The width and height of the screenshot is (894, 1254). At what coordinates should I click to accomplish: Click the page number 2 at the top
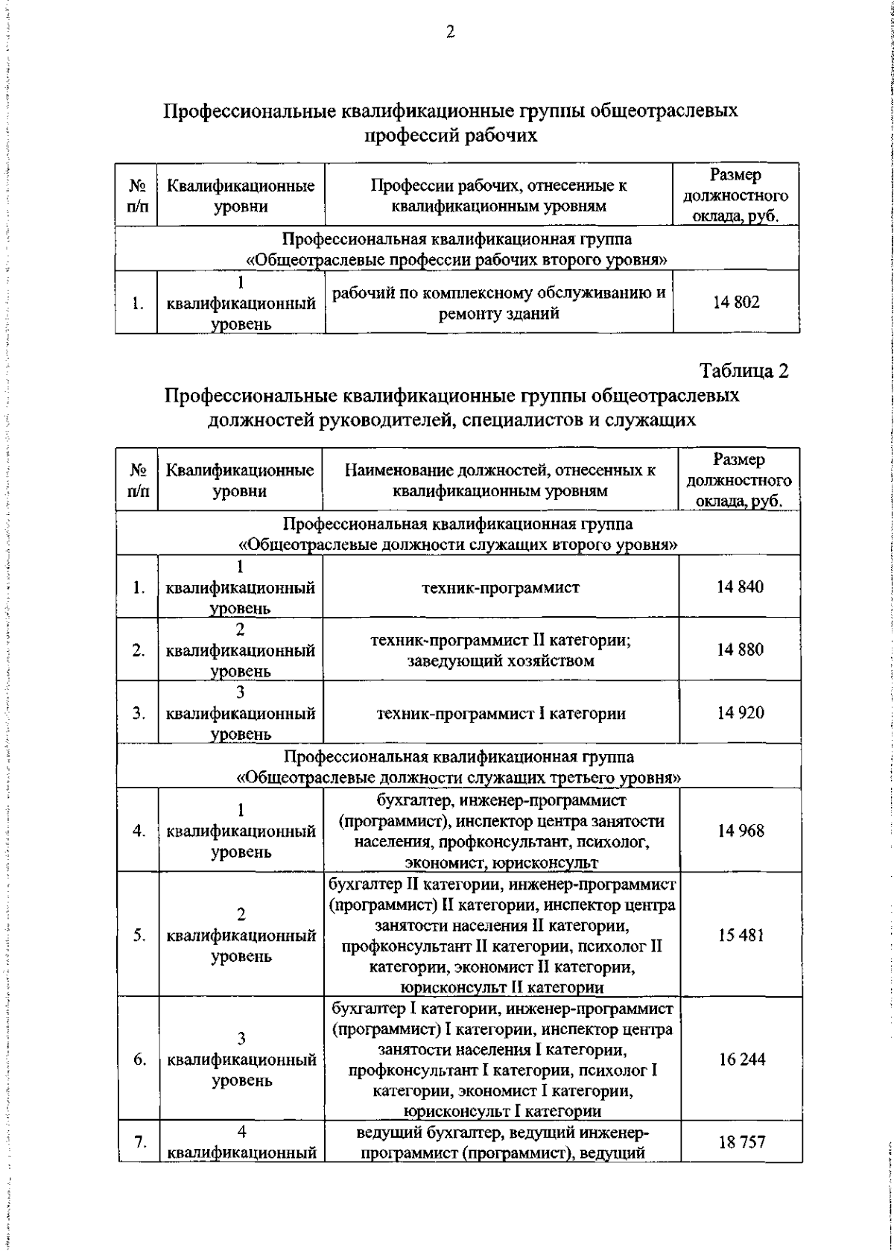click(450, 33)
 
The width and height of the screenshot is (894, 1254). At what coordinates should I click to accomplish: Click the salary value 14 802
click(736, 302)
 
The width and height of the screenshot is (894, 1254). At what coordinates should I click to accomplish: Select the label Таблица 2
click(744, 370)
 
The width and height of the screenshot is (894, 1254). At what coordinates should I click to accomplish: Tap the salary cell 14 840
click(740, 586)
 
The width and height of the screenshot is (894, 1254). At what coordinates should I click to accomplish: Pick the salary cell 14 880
click(740, 649)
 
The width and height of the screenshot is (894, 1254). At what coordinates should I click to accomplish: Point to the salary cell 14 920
click(740, 712)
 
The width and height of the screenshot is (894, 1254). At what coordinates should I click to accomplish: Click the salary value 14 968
click(741, 830)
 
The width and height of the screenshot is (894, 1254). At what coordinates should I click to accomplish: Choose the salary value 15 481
click(741, 934)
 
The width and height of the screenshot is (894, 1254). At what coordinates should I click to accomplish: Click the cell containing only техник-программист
click(501, 587)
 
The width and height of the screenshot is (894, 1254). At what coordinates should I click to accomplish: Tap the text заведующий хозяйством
click(501, 660)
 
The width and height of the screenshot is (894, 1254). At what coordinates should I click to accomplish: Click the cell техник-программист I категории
click(501, 713)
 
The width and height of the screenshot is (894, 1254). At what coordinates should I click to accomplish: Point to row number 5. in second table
click(139, 935)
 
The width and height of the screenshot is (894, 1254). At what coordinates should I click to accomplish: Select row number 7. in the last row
click(139, 1141)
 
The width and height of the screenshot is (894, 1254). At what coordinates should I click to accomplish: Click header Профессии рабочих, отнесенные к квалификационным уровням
click(499, 195)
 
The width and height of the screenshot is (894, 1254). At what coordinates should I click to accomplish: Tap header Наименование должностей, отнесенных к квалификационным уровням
click(500, 480)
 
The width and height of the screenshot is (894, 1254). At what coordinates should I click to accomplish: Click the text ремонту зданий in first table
click(498, 314)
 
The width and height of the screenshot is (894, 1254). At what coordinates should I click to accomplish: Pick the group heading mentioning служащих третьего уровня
click(458, 778)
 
